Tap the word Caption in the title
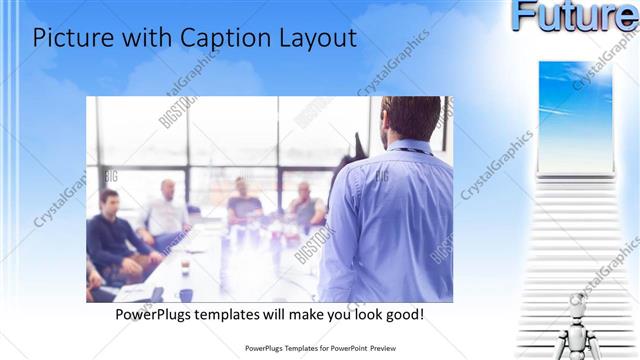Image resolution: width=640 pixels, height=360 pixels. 221,38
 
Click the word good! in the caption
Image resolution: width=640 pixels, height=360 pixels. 403,314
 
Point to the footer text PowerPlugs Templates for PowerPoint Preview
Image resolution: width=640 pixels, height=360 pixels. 319,349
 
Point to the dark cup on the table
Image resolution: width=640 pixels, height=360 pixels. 186,295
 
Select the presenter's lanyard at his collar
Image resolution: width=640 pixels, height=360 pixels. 405,150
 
